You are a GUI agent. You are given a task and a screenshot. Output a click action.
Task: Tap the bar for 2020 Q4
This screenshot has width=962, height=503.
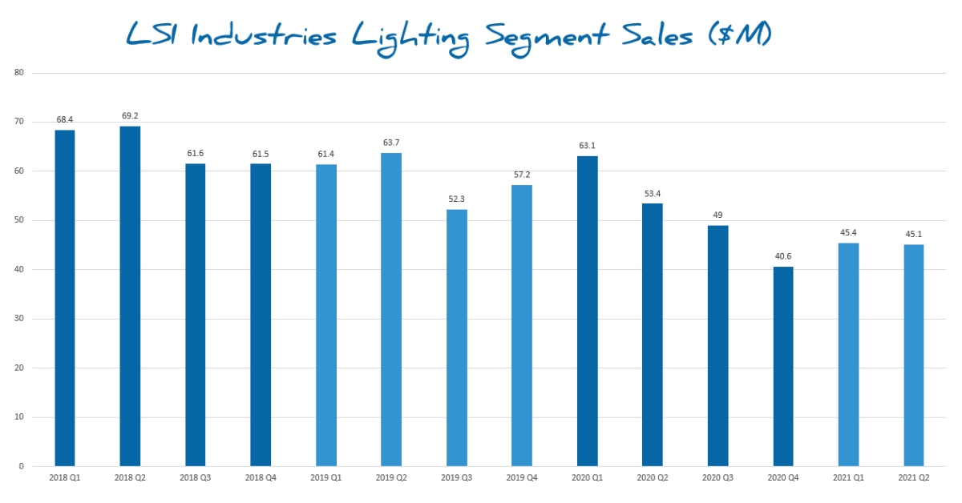[x=783, y=366]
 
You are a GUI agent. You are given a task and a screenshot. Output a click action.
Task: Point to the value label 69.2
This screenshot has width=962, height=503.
[x=130, y=116]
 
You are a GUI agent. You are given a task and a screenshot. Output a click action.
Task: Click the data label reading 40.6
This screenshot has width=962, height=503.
[x=783, y=256]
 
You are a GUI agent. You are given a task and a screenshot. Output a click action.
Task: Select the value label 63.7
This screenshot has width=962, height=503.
[x=391, y=143]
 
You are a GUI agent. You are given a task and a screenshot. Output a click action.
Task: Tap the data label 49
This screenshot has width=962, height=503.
[x=718, y=215]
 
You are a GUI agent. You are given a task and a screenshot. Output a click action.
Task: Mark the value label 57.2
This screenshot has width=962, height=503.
[x=522, y=175]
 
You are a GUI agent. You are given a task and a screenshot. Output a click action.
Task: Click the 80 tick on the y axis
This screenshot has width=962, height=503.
[x=19, y=73]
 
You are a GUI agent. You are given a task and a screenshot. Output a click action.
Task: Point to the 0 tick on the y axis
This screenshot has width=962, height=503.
[x=22, y=466]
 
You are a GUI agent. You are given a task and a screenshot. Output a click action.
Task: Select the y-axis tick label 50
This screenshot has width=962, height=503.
[x=19, y=220]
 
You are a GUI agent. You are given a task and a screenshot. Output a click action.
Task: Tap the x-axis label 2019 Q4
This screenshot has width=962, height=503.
[x=522, y=478]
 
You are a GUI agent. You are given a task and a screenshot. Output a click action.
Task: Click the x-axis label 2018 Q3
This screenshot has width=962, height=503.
[x=196, y=478]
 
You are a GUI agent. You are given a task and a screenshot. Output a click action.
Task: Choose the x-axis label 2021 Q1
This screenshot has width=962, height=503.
[x=848, y=478]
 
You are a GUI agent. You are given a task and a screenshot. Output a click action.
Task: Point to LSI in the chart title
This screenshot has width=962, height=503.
[x=160, y=35]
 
